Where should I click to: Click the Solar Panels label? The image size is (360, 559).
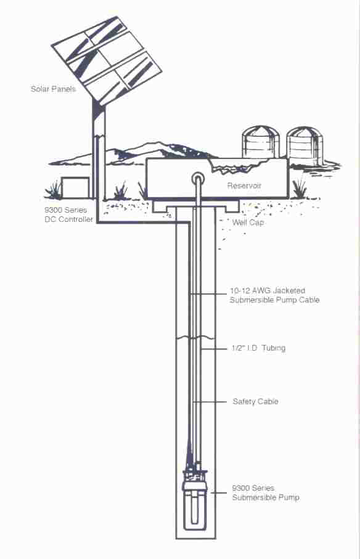pos(53,89)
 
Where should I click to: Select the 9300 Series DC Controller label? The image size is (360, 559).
pos(68,214)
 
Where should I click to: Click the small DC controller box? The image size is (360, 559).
pos(75,187)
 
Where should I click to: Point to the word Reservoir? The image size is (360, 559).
pos(244,186)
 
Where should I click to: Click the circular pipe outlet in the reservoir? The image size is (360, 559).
pos(198,177)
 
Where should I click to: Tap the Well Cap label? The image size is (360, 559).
pos(248,222)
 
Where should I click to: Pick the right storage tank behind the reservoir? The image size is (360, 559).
pos(305,145)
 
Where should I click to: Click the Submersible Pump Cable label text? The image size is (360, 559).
pos(274,300)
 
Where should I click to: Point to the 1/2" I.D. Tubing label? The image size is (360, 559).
pos(258,348)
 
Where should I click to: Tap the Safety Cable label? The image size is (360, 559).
pos(255,402)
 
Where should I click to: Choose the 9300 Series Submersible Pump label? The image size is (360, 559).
pos(266,492)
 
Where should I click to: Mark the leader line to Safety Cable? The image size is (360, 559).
pos(210,402)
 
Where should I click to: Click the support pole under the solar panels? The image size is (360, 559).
pos(99,150)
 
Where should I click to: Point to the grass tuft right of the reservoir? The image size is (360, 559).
pos(299,189)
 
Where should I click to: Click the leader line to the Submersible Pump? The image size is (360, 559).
pos(218,493)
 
